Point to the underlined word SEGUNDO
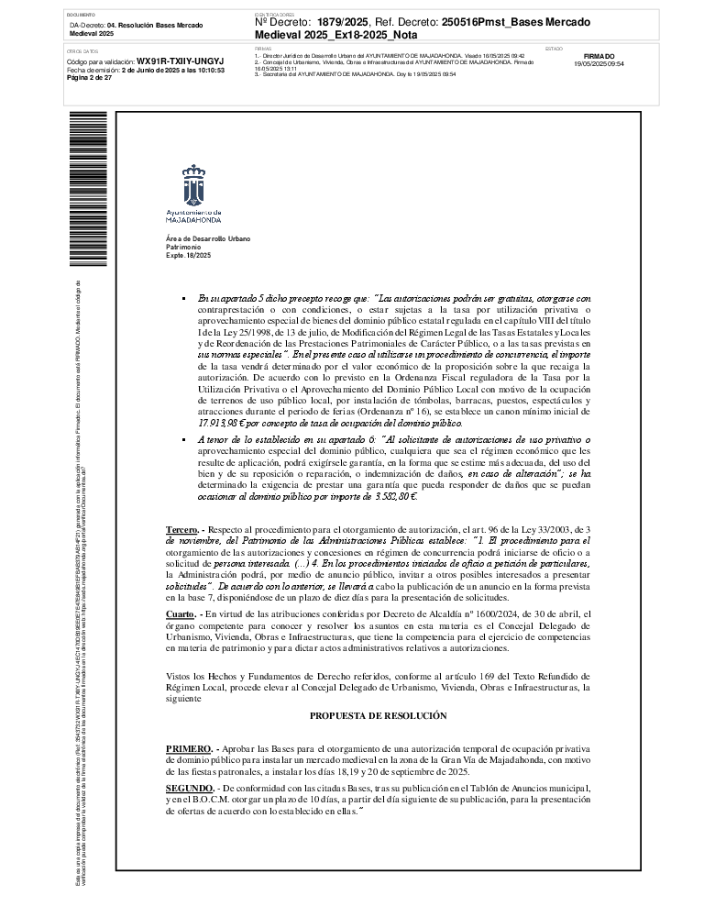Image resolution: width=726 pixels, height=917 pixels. (190, 788)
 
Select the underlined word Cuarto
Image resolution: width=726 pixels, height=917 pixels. (181, 587)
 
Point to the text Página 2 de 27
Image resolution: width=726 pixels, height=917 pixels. (90, 79)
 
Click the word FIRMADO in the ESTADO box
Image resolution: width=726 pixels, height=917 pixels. (599, 56)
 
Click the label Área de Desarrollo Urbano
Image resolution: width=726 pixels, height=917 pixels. (207, 238)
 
